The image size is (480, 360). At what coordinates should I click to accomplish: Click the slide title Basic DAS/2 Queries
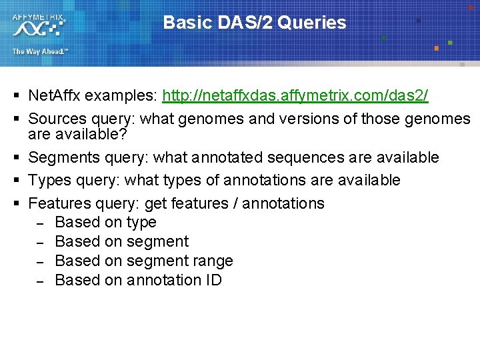click(x=255, y=23)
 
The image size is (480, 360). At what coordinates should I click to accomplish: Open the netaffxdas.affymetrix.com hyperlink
click(x=295, y=97)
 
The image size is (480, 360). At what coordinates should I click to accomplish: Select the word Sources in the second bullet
click(x=57, y=119)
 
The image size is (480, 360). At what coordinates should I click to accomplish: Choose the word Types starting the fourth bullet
click(x=49, y=181)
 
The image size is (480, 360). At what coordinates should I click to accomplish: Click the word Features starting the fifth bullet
click(x=59, y=203)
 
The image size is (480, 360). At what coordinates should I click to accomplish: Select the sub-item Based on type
click(x=105, y=223)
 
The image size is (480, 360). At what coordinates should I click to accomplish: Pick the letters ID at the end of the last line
click(x=213, y=281)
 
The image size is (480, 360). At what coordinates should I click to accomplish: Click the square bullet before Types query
click(x=15, y=181)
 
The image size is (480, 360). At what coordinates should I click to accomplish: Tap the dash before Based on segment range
click(x=39, y=261)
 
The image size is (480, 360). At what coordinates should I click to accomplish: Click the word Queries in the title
click(x=312, y=23)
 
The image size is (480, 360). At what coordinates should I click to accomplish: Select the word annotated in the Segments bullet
click(x=217, y=158)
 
